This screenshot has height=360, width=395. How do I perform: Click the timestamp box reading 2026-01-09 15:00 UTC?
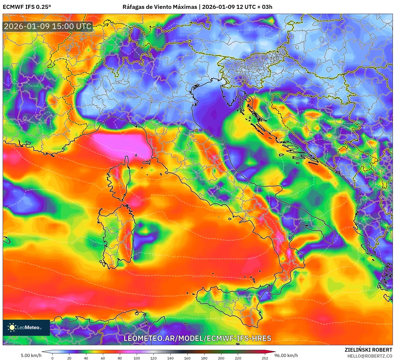tap(48, 26)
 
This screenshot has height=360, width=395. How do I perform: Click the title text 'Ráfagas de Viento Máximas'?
tap(160, 7)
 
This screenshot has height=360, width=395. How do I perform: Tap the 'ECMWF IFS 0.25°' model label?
tap(27, 7)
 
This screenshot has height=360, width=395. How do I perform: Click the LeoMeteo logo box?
tap(26, 327)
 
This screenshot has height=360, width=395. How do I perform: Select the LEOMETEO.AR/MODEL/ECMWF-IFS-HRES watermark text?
tap(197, 338)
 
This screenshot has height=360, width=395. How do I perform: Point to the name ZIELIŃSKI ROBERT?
tap(368, 350)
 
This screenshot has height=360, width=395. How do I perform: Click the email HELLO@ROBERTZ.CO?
tap(369, 356)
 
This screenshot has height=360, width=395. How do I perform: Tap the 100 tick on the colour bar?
tap(137, 358)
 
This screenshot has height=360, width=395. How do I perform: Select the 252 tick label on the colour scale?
tap(265, 358)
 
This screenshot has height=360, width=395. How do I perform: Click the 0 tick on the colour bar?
tap(52, 358)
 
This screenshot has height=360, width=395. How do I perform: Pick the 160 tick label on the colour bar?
tap(187, 358)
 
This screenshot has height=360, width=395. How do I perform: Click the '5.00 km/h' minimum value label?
tap(31, 355)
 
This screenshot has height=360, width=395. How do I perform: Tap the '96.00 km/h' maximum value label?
tap(286, 355)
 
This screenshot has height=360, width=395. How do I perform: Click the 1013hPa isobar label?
tap(198, 276)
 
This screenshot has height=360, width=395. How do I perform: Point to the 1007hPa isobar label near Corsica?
tap(145, 199)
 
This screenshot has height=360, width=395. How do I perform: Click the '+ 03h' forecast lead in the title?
tap(264, 7)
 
